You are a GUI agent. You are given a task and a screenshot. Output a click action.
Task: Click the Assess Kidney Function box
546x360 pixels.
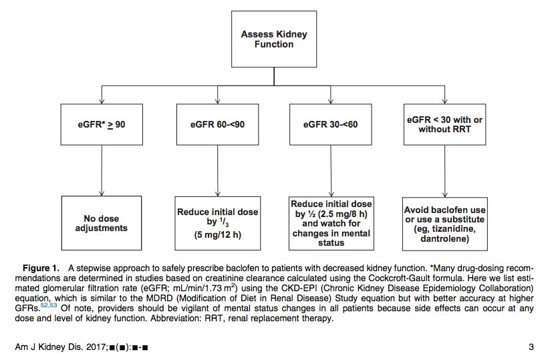tap(274, 39)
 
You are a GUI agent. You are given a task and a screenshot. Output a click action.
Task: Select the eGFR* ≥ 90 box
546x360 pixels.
tap(102, 124)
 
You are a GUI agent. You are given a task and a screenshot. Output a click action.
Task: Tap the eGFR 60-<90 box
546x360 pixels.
tap(218, 124)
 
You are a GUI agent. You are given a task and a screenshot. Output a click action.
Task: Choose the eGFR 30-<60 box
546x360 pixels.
tap(330, 124)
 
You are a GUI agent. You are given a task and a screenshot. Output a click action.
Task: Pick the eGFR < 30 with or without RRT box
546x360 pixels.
tap(444, 124)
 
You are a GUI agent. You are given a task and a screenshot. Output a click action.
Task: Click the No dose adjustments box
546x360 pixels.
tap(102, 223)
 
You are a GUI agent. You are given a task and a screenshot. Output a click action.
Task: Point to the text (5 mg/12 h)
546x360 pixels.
tap(218, 234)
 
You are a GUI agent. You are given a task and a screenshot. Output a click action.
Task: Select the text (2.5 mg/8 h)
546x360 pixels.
tap(343, 214)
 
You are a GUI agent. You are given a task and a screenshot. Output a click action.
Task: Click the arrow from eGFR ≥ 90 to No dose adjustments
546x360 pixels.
tap(102, 170)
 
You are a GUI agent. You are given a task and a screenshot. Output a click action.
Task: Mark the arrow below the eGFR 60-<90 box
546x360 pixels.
tap(218, 171)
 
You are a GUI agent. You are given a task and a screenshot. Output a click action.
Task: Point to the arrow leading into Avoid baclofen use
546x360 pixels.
tap(444, 171)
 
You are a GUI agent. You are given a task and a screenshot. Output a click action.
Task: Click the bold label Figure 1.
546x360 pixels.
tap(41, 268)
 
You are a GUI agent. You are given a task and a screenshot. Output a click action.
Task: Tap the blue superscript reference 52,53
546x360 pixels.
tap(49, 305)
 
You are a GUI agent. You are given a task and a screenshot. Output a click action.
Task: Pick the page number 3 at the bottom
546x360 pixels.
tap(531, 347)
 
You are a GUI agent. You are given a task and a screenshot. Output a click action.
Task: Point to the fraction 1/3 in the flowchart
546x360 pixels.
tap(224, 222)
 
